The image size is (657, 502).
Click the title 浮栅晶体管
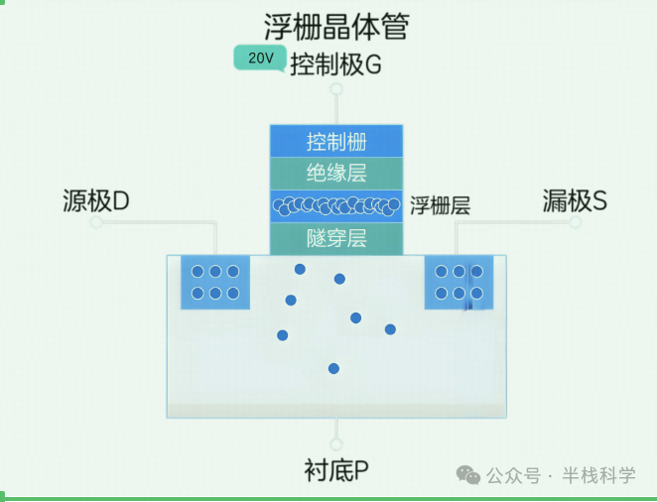335,26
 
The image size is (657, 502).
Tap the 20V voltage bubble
260,59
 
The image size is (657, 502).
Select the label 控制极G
335,65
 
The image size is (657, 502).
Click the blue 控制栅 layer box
336,141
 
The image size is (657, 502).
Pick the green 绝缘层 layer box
336,173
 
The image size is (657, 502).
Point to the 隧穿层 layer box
336,238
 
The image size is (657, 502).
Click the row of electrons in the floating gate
336,205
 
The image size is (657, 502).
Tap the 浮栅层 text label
440,206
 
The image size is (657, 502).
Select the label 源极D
96,201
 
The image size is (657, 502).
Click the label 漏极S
575,201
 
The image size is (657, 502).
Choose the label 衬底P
336,469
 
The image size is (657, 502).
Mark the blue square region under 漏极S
459,282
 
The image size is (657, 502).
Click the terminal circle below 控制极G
336,89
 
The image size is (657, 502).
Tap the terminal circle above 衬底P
336,444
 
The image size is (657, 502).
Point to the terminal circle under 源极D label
96,223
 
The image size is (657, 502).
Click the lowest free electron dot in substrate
333,369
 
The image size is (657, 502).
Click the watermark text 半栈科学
598,475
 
